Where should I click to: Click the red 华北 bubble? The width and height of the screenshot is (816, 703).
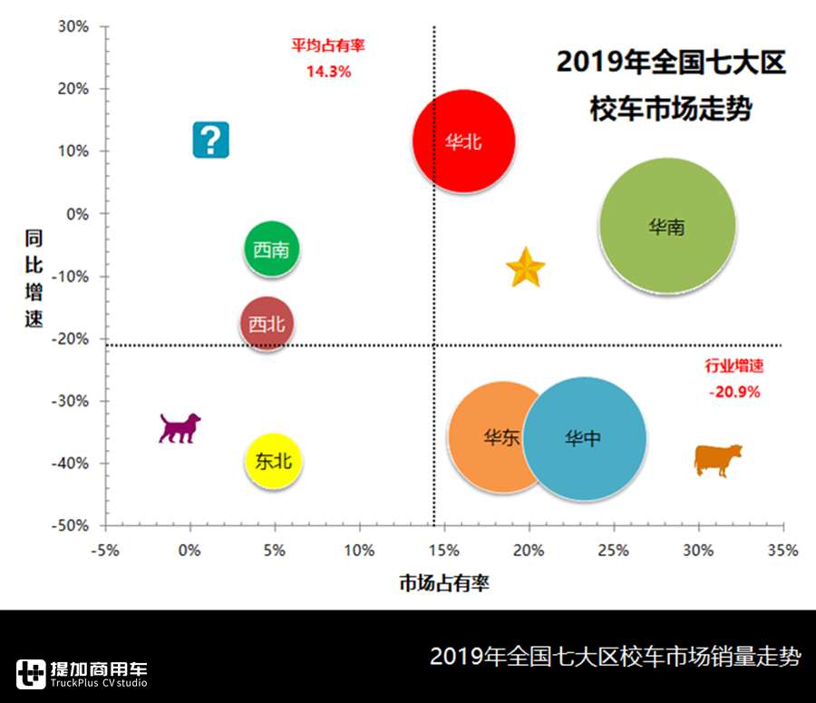tap(464, 141)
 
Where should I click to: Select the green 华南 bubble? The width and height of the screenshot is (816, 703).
tap(667, 227)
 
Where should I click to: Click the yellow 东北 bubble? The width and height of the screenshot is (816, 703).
tap(274, 461)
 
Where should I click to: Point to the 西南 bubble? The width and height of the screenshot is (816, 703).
tap(272, 249)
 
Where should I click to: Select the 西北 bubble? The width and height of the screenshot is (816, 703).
tap(267, 324)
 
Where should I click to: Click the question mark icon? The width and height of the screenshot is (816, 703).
tap(210, 140)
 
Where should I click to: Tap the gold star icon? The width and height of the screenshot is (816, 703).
tap(525, 269)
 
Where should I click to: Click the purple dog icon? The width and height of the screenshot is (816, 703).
tap(180, 427)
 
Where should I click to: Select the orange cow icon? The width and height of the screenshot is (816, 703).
tap(717, 459)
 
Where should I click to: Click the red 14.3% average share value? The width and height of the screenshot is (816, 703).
tap(328, 71)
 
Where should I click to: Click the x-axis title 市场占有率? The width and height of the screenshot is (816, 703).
tap(444, 583)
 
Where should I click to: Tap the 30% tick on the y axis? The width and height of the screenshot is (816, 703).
tap(74, 26)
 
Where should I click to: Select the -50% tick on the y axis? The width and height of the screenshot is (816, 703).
tap(71, 525)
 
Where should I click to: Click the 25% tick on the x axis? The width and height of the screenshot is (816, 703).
tap(614, 550)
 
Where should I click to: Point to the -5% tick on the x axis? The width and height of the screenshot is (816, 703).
tap(105, 550)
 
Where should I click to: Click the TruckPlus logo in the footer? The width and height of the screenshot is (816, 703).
tap(82, 673)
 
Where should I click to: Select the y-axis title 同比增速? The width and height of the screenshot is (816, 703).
tap(34, 278)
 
